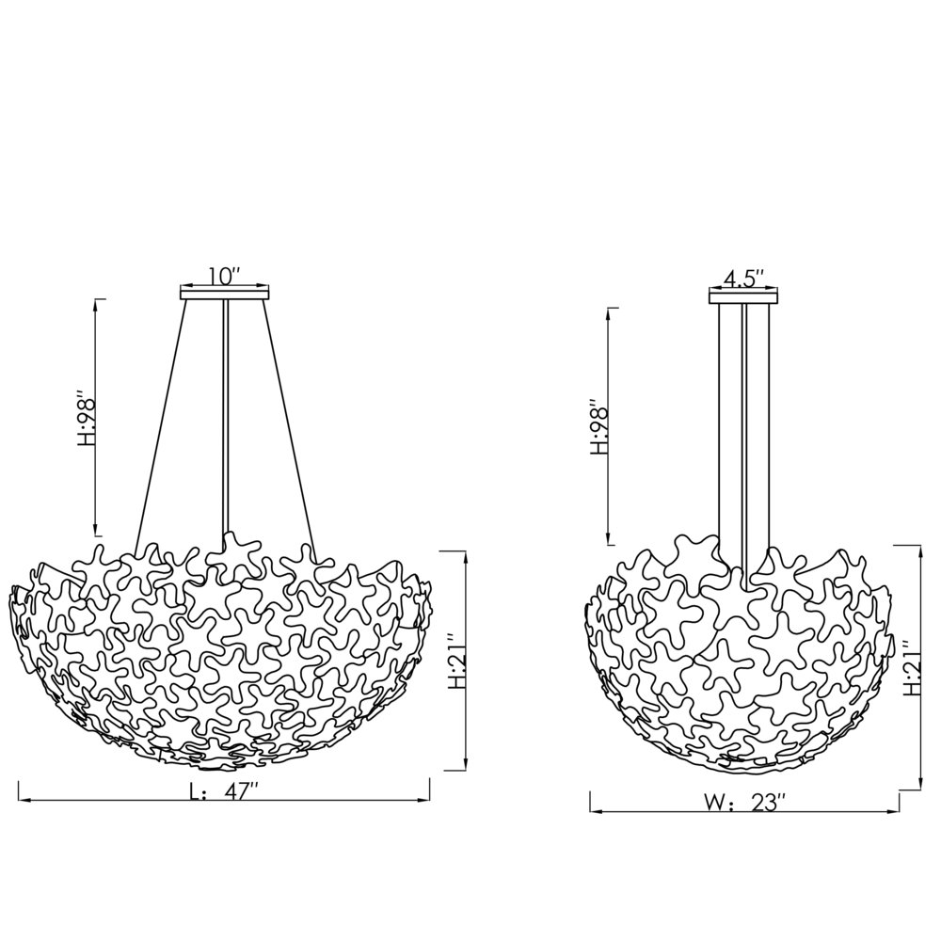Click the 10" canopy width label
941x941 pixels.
coord(225,277)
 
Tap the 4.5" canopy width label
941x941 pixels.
coord(743,279)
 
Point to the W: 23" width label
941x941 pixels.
coord(744,804)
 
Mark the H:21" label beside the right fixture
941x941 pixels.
coord(911,668)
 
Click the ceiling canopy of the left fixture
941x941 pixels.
coord(225,295)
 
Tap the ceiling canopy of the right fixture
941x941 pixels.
coord(743,296)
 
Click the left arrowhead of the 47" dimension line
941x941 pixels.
coord(24,801)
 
